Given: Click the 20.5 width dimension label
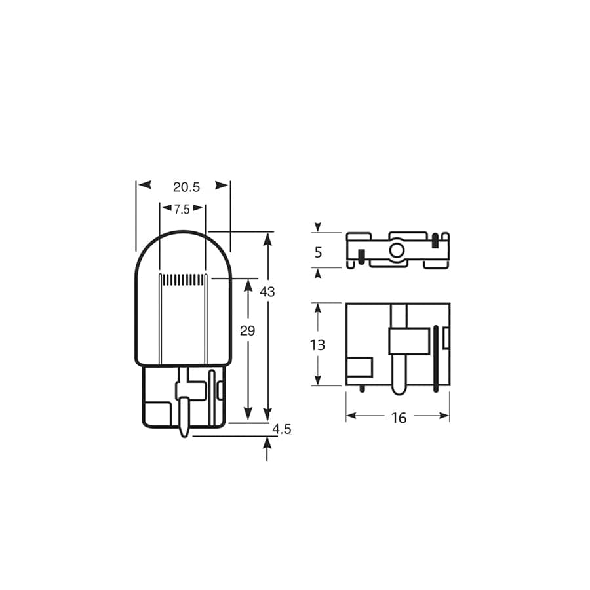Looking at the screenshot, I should [186, 187].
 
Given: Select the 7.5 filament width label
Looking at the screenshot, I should [182, 210].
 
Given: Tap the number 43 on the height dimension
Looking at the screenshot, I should [267, 292].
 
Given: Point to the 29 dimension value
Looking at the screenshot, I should [247, 331].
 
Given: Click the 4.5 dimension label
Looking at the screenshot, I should [282, 429].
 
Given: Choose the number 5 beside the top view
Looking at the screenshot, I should [318, 252].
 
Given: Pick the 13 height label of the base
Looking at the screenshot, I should [317, 345].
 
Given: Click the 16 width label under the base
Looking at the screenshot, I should [399, 418].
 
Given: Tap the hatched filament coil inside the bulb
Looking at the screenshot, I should [184, 280].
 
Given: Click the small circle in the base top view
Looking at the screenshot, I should [397, 250].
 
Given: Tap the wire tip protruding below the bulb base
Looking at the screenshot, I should [184, 433].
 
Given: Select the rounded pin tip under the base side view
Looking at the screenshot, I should [398, 390].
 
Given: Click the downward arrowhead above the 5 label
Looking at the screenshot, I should [318, 227].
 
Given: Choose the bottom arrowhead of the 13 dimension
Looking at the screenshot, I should [318, 380].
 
